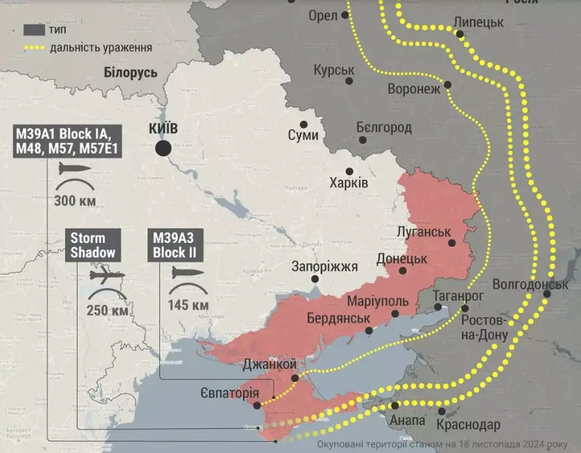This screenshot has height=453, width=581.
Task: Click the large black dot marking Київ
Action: tap(162, 149)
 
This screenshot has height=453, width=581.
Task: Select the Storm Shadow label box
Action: tap(93, 245)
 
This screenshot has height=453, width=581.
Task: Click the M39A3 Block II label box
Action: tap(174, 245)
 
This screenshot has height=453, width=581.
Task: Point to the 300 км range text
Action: tap(75, 201)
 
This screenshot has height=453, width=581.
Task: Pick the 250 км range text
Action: tap(108, 310)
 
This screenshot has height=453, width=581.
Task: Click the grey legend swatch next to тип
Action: tap(34, 30)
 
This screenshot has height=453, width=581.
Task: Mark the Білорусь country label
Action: tap(131, 73)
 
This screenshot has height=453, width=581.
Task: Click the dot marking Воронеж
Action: tap(447, 85)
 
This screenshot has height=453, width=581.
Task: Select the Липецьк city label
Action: tap(478, 22)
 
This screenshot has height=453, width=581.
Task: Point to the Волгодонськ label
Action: tap(530, 285)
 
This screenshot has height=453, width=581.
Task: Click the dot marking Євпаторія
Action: tap(257, 405)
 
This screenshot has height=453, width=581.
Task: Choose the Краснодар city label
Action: tap(468, 425)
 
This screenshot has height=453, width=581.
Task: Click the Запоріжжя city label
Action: tap(325, 267)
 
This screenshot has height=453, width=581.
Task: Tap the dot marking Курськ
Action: tap(349, 81)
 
